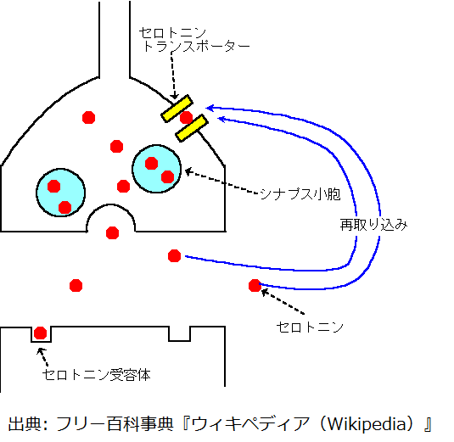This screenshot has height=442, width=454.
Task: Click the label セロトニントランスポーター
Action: pos(194,40)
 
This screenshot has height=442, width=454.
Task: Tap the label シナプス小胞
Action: pos(300,194)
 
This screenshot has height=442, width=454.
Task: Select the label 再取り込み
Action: pos(373,225)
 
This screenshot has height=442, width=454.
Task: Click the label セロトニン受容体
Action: pos(97,375)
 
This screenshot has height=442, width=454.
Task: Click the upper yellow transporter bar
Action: pos(177,109)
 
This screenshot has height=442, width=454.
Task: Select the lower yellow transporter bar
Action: pos(192,128)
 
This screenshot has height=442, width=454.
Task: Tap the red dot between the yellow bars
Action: pos(186,118)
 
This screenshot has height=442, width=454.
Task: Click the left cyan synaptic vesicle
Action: pos(61,193)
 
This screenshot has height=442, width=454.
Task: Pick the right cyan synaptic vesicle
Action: pos(157,169)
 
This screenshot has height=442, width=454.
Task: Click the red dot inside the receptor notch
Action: pos(40,333)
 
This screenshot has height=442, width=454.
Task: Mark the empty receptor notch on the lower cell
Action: pos(180,334)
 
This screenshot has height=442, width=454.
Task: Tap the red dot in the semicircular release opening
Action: pos(112,232)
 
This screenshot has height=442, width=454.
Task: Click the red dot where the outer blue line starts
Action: pos(255,285)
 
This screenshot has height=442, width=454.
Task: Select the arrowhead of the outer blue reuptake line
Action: pos(210,108)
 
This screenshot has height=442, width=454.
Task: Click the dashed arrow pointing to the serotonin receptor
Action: pos(42,357)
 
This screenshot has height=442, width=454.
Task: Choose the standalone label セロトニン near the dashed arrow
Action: pos(310,327)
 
